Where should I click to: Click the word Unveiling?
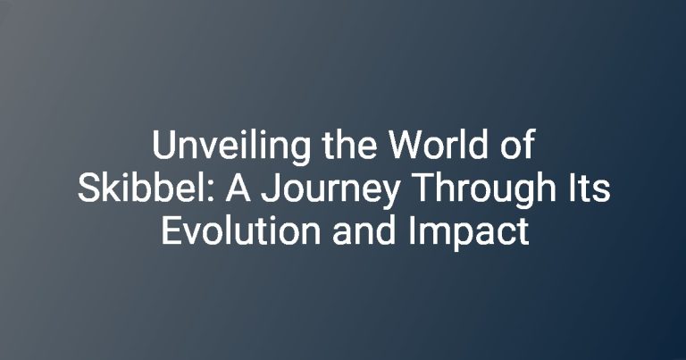(x=231, y=147)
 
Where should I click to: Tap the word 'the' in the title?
(x=349, y=145)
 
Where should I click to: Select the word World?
(x=439, y=145)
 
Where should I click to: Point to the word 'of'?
(x=517, y=145)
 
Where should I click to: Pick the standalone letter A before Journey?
(x=238, y=188)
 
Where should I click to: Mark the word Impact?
(x=469, y=233)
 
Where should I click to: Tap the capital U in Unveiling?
(x=163, y=147)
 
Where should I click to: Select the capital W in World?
(x=406, y=146)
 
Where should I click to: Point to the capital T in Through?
(x=423, y=188)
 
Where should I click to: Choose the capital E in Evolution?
(x=171, y=231)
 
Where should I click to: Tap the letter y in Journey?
(x=389, y=196)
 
